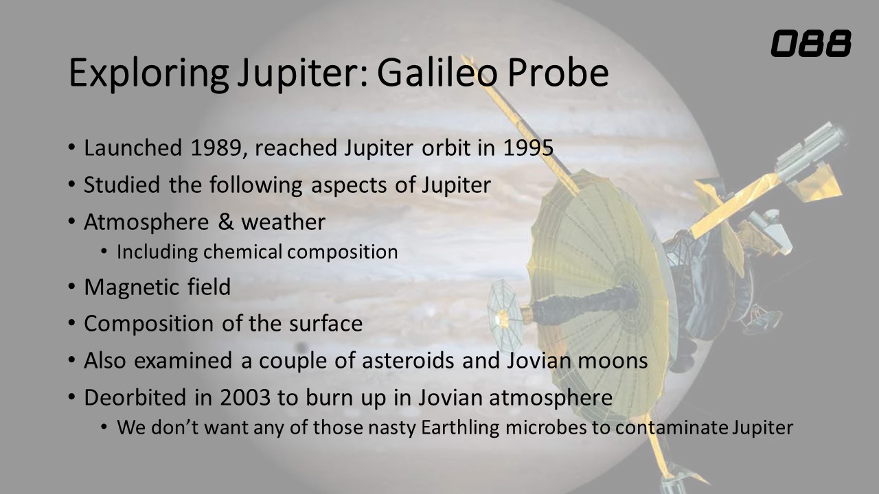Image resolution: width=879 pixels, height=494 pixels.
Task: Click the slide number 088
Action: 811,43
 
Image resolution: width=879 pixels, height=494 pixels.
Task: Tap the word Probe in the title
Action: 558,73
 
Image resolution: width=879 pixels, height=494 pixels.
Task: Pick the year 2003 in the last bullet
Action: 245,397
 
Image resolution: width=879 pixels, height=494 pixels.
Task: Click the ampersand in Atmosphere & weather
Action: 226,222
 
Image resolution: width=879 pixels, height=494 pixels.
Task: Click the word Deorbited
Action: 135,397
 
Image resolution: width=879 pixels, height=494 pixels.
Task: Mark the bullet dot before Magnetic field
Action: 71,287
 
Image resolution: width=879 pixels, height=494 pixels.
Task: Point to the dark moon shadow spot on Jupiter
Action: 301,347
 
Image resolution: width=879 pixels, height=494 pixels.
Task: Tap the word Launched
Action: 133,148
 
